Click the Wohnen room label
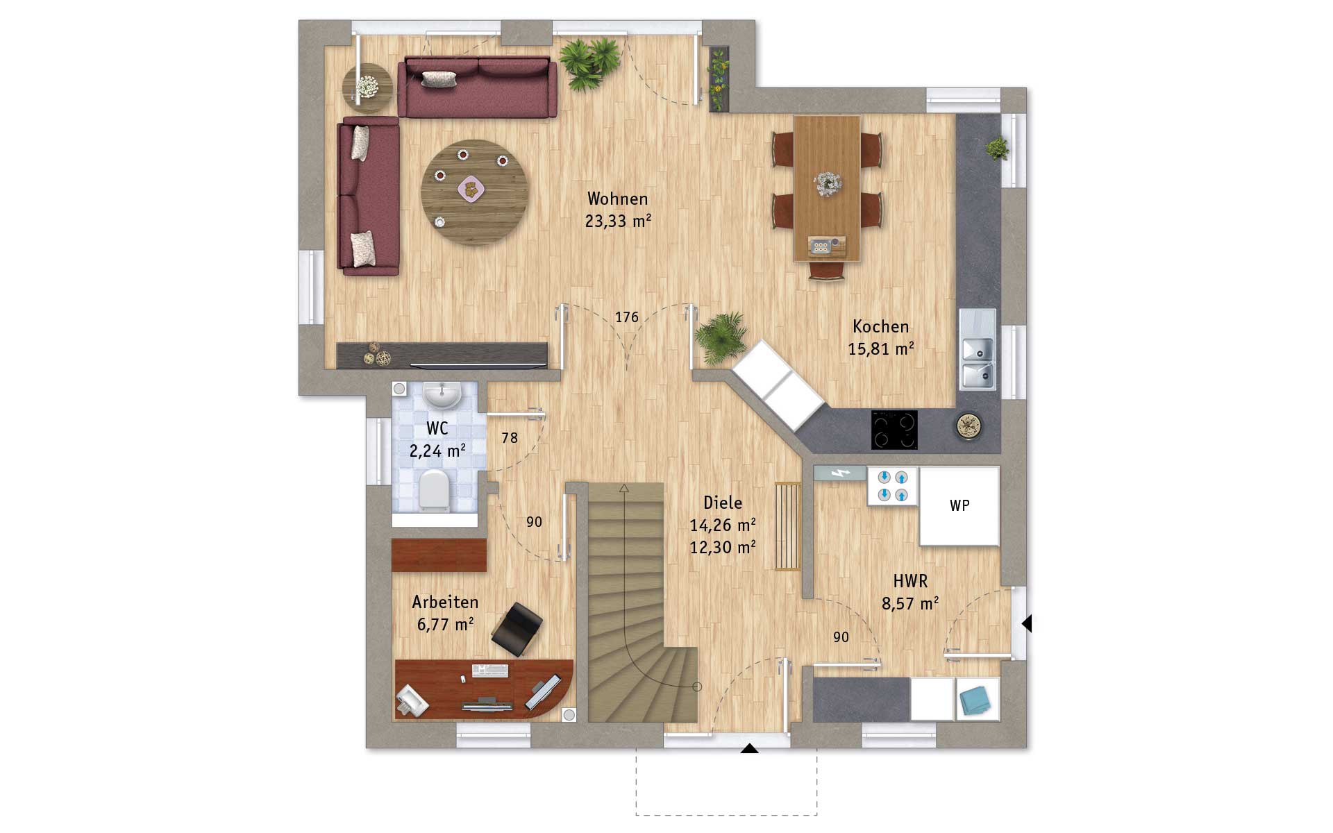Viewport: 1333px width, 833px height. point(617,199)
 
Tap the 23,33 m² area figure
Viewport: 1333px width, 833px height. point(618,221)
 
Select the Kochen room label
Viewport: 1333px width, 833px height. point(880,326)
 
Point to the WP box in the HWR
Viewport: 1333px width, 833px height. point(959,505)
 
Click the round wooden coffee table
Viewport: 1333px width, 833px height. point(475,192)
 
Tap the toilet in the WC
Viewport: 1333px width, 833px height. point(435,491)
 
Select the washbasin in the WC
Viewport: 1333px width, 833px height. point(442,394)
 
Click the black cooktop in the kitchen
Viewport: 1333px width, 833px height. point(894,430)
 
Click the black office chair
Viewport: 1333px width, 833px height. point(517,628)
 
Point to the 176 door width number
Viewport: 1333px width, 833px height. point(626,317)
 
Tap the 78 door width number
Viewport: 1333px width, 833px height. point(510,438)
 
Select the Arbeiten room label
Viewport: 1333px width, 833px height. point(445,602)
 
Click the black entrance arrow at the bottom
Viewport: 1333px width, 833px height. point(749,748)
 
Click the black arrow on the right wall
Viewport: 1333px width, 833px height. point(1027,623)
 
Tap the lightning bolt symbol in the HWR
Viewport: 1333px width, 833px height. point(840,473)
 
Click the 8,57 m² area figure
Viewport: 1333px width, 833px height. point(910,603)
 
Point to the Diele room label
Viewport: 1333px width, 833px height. point(723,503)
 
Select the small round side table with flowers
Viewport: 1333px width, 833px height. point(367,88)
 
